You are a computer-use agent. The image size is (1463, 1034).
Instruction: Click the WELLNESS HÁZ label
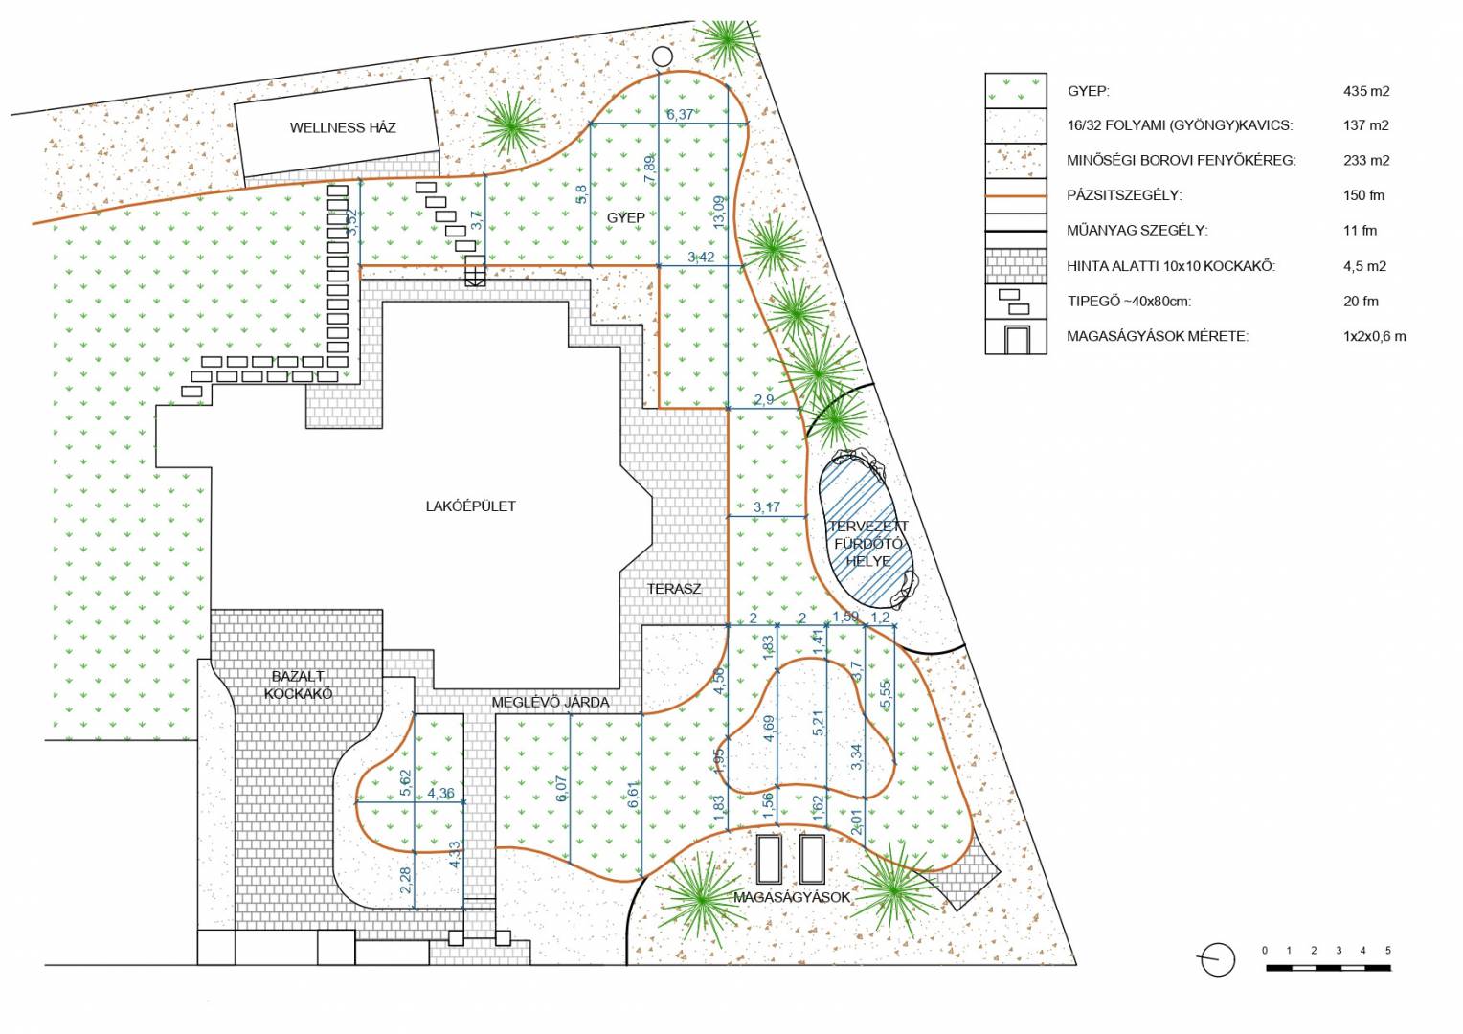pyautogui.click(x=343, y=127)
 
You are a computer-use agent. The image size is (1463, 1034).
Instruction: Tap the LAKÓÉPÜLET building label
pyautogui.click(x=471, y=506)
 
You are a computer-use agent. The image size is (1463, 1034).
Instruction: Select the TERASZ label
pyautogui.click(x=674, y=589)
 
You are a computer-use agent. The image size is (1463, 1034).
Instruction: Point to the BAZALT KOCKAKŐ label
pyautogui.click(x=298, y=686)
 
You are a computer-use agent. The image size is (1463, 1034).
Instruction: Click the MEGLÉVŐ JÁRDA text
pyautogui.click(x=551, y=702)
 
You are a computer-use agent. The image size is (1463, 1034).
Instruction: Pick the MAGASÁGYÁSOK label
pyautogui.click(x=792, y=897)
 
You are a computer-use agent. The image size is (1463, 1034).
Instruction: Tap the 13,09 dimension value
pyautogui.click(x=719, y=213)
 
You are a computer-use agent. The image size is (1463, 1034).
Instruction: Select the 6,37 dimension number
pyautogui.click(x=680, y=114)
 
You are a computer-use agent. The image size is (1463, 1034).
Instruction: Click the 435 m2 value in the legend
pyautogui.click(x=1366, y=92)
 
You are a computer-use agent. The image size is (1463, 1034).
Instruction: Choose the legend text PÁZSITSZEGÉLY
pyautogui.click(x=1124, y=195)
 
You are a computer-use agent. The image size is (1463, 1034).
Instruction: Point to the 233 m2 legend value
pyautogui.click(x=1366, y=161)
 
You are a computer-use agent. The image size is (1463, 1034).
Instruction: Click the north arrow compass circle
pyautogui.click(x=1218, y=959)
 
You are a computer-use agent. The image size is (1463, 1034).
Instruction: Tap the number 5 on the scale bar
pyautogui.click(x=1388, y=951)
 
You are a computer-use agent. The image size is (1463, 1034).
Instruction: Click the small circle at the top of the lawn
pyautogui.click(x=663, y=56)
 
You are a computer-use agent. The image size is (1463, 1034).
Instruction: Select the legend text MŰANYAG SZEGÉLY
pyautogui.click(x=1137, y=231)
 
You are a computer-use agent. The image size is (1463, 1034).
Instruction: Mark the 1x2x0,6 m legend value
pyautogui.click(x=1374, y=337)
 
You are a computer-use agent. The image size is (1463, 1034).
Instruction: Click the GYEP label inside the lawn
pyautogui.click(x=625, y=218)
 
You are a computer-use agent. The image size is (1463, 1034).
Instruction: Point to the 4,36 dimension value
pyautogui.click(x=440, y=794)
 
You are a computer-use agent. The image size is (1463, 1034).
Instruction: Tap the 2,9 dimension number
pyautogui.click(x=763, y=400)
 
